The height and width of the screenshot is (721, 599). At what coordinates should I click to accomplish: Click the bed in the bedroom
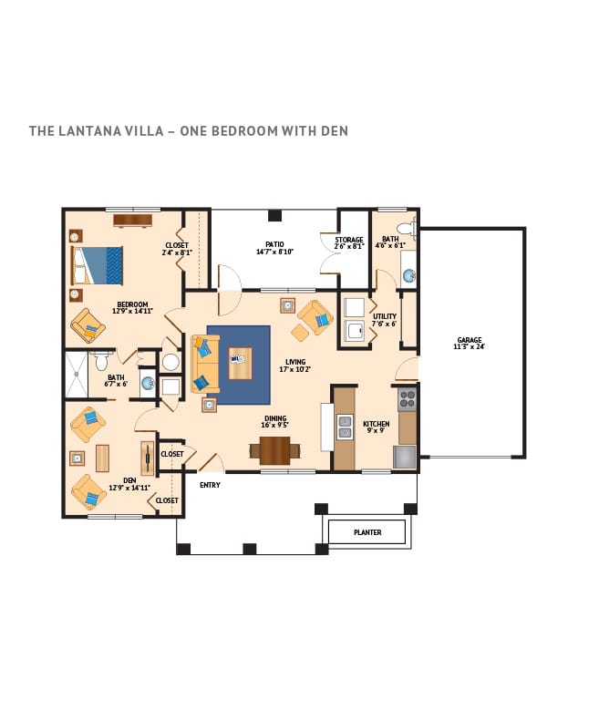(x=97, y=265)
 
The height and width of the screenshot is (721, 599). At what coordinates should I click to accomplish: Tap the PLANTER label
(x=367, y=532)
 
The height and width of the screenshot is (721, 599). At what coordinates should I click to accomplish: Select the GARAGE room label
(x=470, y=340)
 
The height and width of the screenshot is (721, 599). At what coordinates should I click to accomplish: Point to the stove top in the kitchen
(x=408, y=398)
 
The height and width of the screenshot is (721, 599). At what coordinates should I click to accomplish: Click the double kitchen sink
(x=345, y=427)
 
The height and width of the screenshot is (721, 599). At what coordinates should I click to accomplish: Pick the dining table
(x=274, y=450)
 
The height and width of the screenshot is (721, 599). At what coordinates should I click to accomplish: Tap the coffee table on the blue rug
(x=240, y=364)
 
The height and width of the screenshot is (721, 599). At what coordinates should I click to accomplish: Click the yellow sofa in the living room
(x=205, y=364)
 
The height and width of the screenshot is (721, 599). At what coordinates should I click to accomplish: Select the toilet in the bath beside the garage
(x=407, y=229)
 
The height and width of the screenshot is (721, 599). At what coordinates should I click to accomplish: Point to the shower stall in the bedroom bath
(x=77, y=375)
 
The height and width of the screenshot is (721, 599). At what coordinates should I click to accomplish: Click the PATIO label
(x=274, y=244)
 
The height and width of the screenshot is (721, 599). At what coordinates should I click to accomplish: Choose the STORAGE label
(x=349, y=240)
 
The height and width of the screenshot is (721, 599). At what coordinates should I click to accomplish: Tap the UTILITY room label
(x=385, y=316)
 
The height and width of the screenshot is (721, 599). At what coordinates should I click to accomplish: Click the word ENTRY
(x=210, y=485)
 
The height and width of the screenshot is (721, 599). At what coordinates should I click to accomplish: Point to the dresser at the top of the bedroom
(x=133, y=221)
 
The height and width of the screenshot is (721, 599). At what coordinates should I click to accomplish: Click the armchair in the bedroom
(x=88, y=325)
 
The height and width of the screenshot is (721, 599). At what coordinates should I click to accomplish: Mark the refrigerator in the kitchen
(x=405, y=457)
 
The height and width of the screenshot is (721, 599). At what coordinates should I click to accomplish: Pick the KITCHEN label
(x=376, y=424)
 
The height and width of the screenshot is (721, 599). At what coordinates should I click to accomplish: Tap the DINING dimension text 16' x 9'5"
(x=275, y=425)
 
